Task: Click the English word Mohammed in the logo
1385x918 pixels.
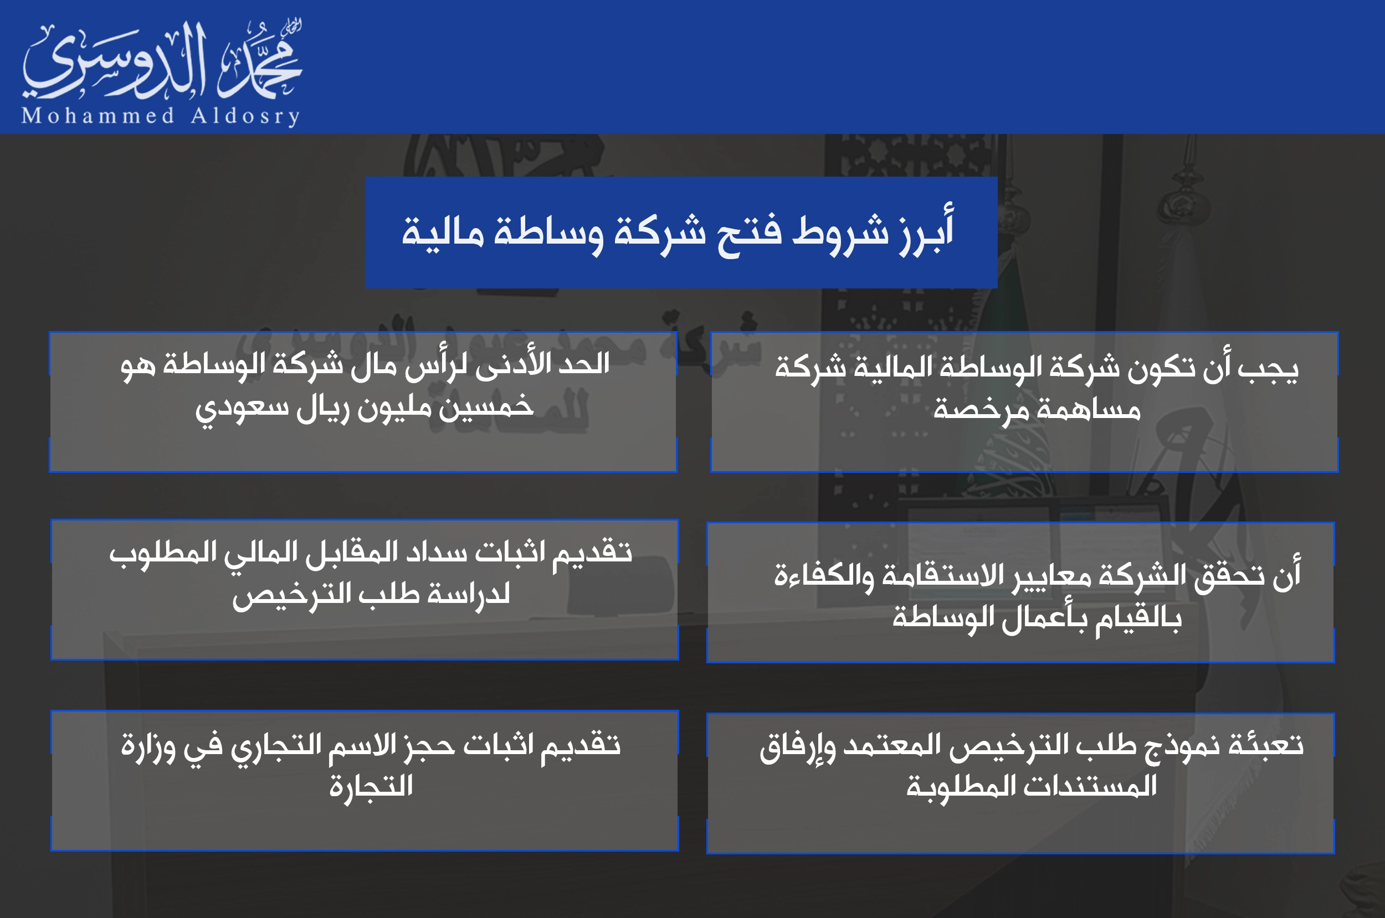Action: click(98, 116)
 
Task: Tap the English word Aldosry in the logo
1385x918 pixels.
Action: click(245, 116)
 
